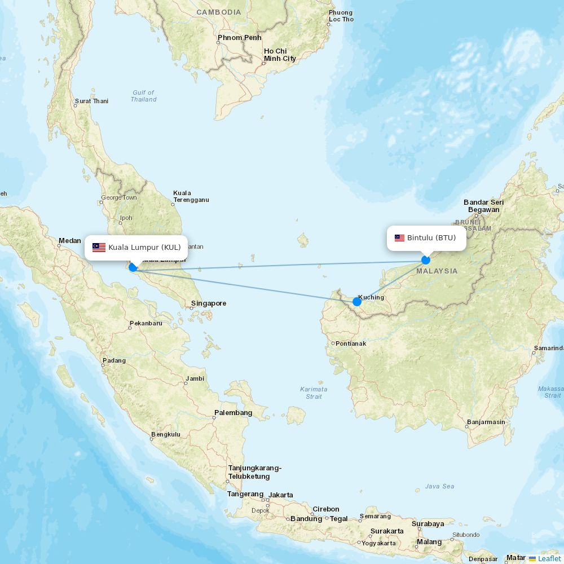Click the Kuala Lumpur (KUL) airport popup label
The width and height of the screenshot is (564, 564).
click(x=144, y=248)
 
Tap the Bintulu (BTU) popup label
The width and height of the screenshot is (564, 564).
click(x=431, y=238)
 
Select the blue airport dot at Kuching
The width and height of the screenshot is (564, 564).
click(x=357, y=302)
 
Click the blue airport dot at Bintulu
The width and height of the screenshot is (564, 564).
click(x=426, y=260)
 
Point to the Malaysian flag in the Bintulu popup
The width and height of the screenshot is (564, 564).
click(x=399, y=238)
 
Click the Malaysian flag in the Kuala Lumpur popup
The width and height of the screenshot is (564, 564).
click(x=99, y=248)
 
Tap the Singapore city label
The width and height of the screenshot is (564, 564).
click(x=208, y=303)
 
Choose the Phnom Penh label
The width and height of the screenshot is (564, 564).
click(x=239, y=38)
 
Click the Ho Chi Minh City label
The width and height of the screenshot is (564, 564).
click(x=279, y=55)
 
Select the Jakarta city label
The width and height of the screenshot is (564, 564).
click(x=280, y=495)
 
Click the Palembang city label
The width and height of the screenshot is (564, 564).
click(x=233, y=413)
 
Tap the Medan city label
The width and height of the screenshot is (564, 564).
click(x=69, y=241)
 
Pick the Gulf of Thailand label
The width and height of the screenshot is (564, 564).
click(x=143, y=96)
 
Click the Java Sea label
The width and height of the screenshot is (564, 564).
click(x=439, y=486)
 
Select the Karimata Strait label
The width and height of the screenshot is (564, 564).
click(x=314, y=393)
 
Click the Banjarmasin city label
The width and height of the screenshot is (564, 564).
click(x=486, y=422)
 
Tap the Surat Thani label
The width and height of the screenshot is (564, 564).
click(x=91, y=102)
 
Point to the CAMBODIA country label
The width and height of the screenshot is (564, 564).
click(x=218, y=12)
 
